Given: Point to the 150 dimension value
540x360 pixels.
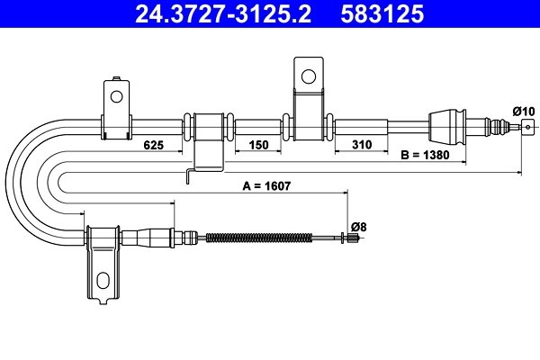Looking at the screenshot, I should tap(258, 145).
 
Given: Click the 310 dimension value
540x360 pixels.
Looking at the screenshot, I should tap(362, 145).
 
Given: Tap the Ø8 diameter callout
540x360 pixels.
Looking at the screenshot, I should tap(357, 227).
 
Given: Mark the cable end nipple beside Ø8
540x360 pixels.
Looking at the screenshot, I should tap(346, 238).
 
